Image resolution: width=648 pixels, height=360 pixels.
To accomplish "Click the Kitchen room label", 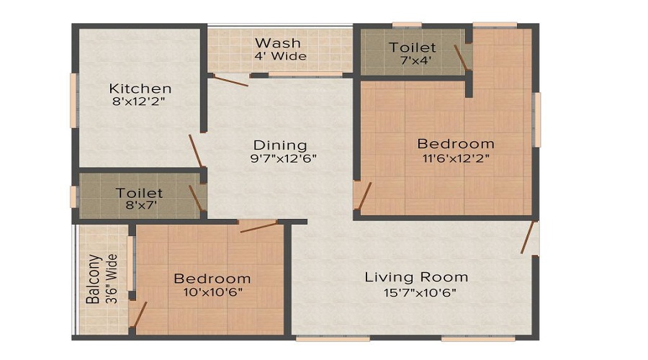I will (140, 89).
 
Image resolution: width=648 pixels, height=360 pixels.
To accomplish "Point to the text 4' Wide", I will (280, 56).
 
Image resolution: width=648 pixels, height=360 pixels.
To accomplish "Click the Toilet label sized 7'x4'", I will (411, 48).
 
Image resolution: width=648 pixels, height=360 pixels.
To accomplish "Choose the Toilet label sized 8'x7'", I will (140, 193).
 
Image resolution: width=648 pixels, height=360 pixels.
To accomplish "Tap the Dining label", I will (280, 145).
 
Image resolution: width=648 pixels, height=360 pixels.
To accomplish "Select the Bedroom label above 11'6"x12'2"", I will (456, 143).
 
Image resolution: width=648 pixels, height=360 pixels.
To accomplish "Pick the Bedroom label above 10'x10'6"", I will (212, 278).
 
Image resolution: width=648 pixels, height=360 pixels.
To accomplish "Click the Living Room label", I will (416, 276).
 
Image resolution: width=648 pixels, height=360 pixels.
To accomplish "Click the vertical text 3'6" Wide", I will (112, 279).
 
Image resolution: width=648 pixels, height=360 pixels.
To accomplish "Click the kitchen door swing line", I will (195, 150).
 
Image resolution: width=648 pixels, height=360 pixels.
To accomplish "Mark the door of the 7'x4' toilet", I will (462, 58).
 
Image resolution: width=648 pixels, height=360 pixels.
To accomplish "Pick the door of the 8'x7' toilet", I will (195, 197).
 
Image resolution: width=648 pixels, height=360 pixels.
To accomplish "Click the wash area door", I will (231, 81).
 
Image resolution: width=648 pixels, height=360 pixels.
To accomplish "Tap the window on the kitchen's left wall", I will (73, 101).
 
